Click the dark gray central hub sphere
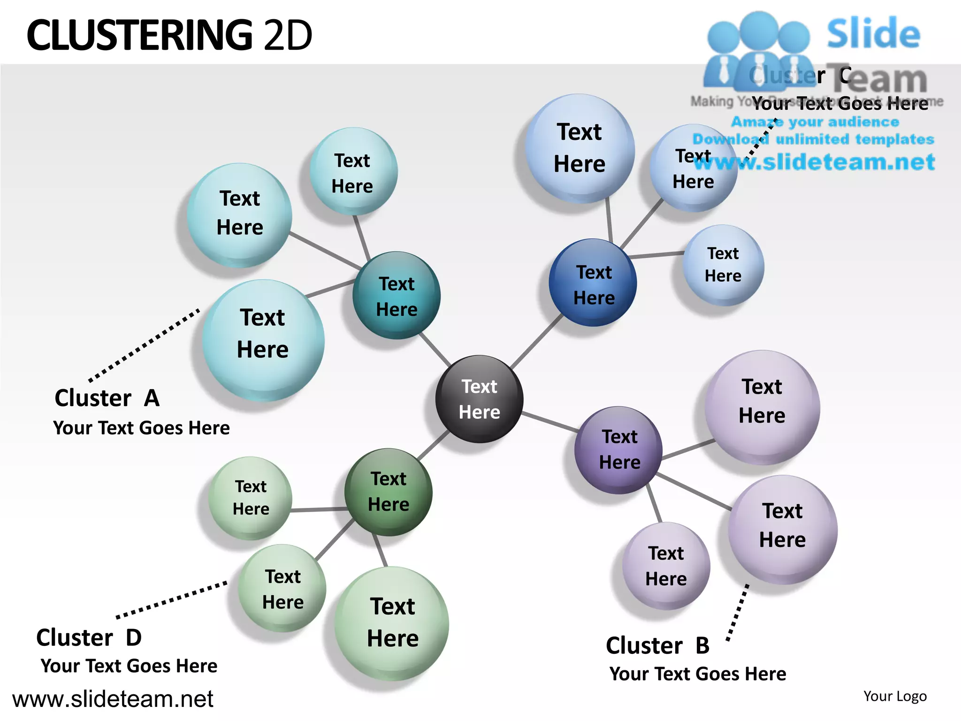479,399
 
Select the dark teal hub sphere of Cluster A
397,296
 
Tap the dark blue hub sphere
593,283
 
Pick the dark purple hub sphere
619,450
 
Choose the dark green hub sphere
389,492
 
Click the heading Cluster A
107,398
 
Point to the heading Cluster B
657,645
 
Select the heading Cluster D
89,637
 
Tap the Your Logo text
895,696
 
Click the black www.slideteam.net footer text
113,699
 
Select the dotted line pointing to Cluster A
145,345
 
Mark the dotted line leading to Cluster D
172,600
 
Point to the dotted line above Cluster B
737,613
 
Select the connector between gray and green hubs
434,445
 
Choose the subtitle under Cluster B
698,674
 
